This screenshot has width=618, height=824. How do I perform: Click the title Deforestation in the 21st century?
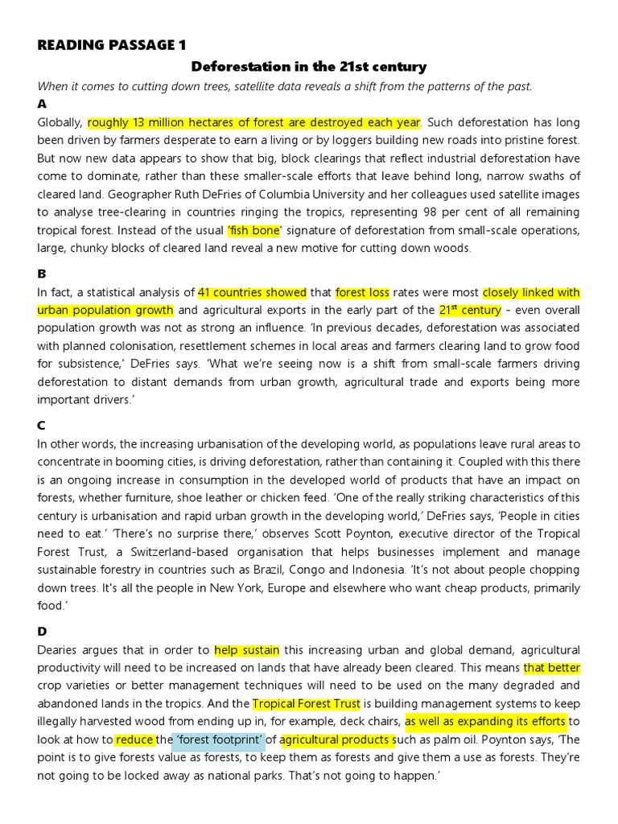click(308, 67)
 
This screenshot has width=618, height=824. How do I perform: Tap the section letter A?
click(42, 105)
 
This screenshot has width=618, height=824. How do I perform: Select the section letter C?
click(42, 426)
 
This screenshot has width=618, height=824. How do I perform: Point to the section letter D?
click(42, 632)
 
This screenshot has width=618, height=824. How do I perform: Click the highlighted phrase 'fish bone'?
click(254, 230)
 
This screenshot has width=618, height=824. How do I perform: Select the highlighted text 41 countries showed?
click(252, 293)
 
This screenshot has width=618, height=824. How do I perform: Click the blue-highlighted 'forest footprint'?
click(219, 740)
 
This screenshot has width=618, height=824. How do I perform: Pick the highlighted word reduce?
click(134, 740)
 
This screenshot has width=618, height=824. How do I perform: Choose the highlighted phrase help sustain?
click(245, 650)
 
